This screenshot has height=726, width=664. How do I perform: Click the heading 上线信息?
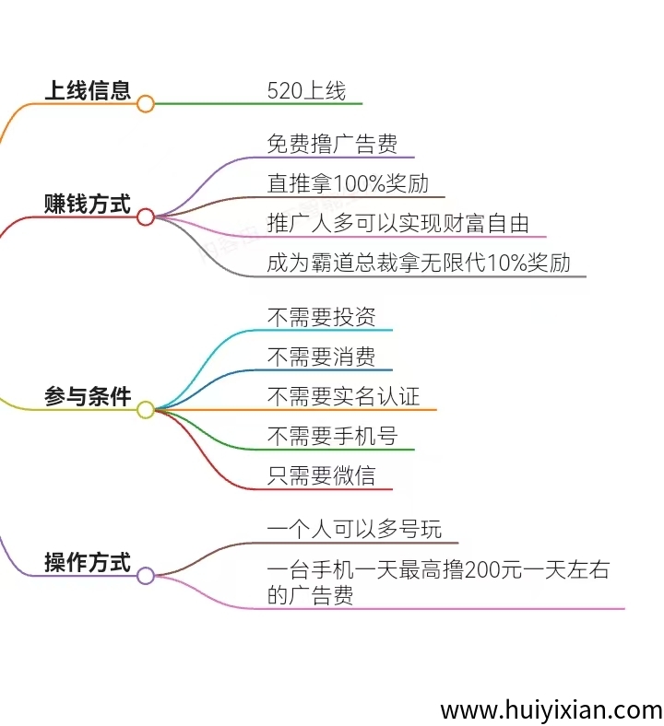pyautogui.click(x=88, y=90)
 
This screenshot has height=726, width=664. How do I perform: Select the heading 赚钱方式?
pyautogui.click(x=88, y=204)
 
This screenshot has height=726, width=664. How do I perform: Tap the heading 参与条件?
pyautogui.click(x=88, y=396)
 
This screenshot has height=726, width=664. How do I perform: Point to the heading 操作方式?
pyautogui.click(x=88, y=561)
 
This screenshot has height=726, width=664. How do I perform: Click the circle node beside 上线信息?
pyautogui.click(x=145, y=104)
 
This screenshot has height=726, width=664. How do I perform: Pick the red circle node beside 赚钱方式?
pyautogui.click(x=145, y=217)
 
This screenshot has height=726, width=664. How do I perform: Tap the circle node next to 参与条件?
pyautogui.click(x=145, y=410)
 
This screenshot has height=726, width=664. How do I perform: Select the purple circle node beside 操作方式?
pyautogui.click(x=145, y=576)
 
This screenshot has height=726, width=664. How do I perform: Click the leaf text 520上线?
pyautogui.click(x=306, y=90)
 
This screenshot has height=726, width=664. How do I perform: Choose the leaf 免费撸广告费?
pyautogui.click(x=332, y=144)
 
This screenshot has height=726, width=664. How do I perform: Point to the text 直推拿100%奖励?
pyautogui.click(x=348, y=183)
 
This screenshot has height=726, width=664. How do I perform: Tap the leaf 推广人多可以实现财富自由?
pyautogui.click(x=397, y=223)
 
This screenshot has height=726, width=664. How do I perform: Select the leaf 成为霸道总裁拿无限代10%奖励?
pyautogui.click(x=419, y=263)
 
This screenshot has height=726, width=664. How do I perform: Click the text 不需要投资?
pyautogui.click(x=321, y=317)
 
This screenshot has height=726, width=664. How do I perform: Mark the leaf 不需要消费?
pyautogui.click(x=321, y=357)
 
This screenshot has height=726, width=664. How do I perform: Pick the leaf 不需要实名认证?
pyautogui.click(x=343, y=396)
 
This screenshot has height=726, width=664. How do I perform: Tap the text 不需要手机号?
pyautogui.click(x=332, y=436)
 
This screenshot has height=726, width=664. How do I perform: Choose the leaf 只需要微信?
pyautogui.click(x=321, y=475)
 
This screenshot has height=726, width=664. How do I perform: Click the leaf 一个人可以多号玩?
pyautogui.click(x=354, y=529)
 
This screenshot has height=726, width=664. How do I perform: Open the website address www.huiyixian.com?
pyautogui.click(x=551, y=710)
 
